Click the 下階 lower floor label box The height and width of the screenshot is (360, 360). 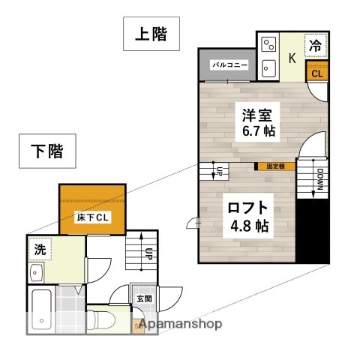coord(46,151)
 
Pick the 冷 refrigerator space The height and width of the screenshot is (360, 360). coord(316,45)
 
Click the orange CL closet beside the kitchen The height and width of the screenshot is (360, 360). coord(316,73)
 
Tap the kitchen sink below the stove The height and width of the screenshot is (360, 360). coord(269,69)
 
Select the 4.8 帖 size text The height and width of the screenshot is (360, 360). coord(248,225)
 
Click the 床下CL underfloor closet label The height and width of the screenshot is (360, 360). coord(93,217)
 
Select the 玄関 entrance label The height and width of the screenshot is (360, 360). coord(143,298)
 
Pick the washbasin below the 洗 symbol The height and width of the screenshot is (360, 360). coord(38,274)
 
